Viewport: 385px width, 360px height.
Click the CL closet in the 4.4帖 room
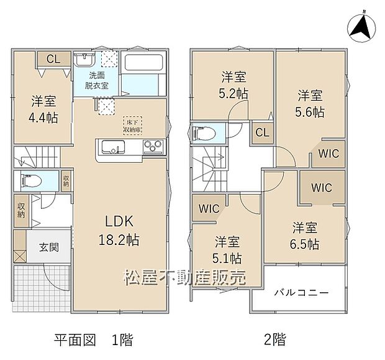pyautogui.click(x=53, y=60)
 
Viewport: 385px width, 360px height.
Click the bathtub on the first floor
pyautogui.click(x=143, y=63)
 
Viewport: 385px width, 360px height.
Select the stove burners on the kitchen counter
pyautogui.click(x=153, y=147)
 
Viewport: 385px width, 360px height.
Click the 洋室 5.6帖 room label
pyautogui.click(x=309, y=103)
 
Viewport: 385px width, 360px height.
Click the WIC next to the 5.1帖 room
pyautogui.click(x=208, y=209)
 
